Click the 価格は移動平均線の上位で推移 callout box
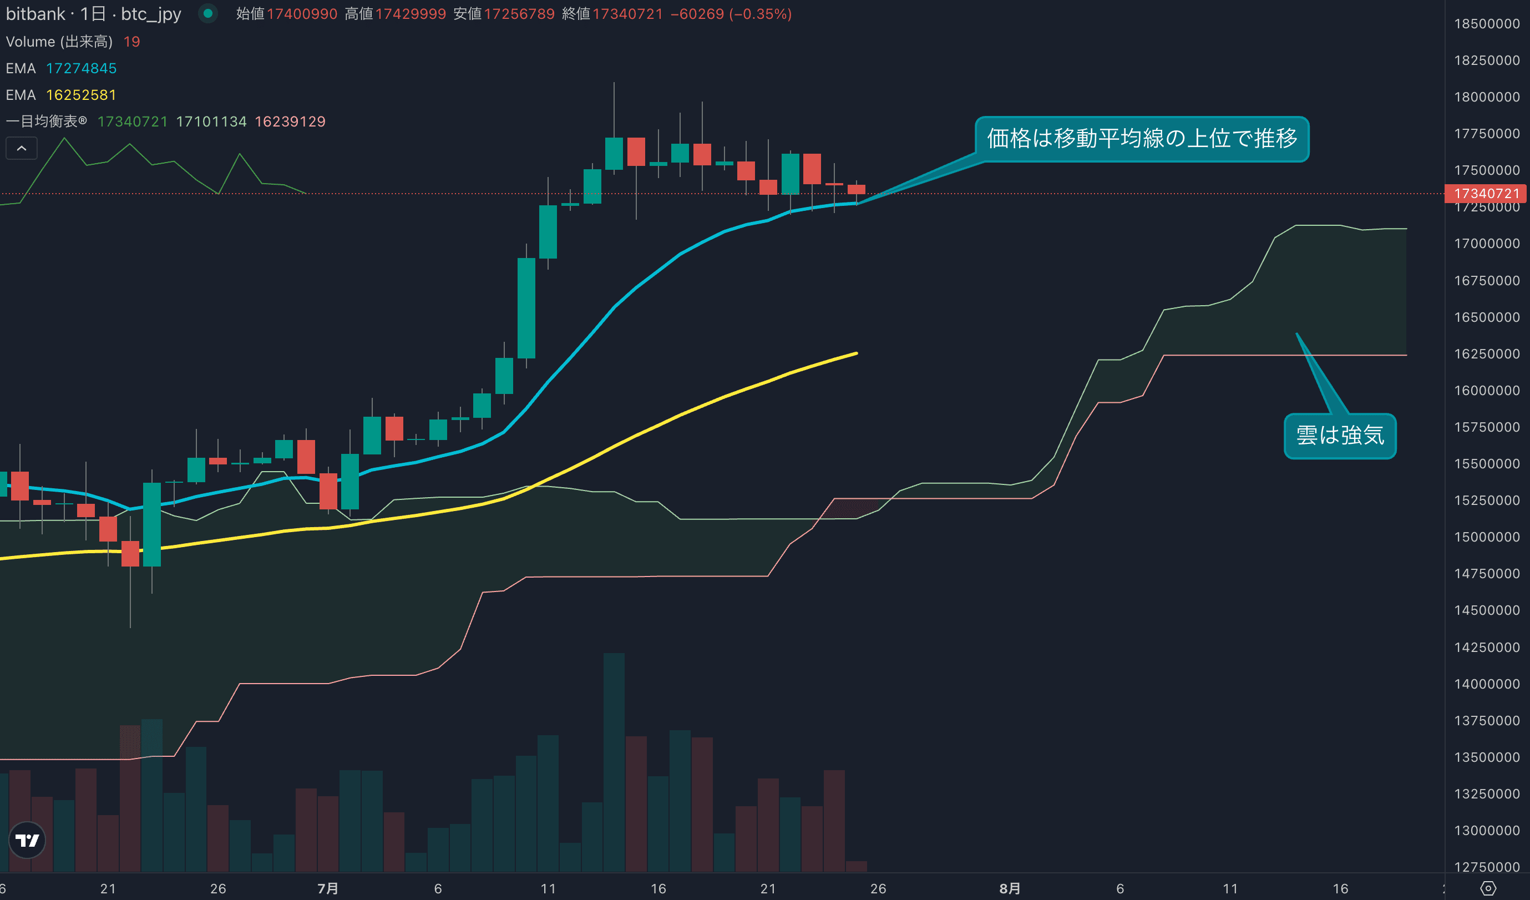click(x=1142, y=139)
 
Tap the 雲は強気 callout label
click(x=1339, y=436)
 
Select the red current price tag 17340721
click(x=1486, y=194)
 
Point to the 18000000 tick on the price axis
click(x=1486, y=97)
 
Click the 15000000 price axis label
click(x=1486, y=538)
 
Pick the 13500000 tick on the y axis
click(x=1486, y=757)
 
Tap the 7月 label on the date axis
click(x=328, y=888)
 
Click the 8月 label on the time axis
click(x=1010, y=888)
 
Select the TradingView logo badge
click(x=27, y=841)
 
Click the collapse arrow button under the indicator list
click(x=21, y=148)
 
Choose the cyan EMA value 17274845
click(x=82, y=69)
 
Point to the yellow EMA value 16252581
click(x=82, y=95)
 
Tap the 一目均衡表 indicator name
click(x=46, y=122)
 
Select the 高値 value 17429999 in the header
click(x=411, y=14)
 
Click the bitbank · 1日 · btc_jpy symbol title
click(x=94, y=14)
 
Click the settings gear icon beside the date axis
click(x=1488, y=888)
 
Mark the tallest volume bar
click(x=614, y=762)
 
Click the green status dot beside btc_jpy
click(x=208, y=13)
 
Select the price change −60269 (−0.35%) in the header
click(x=731, y=14)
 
